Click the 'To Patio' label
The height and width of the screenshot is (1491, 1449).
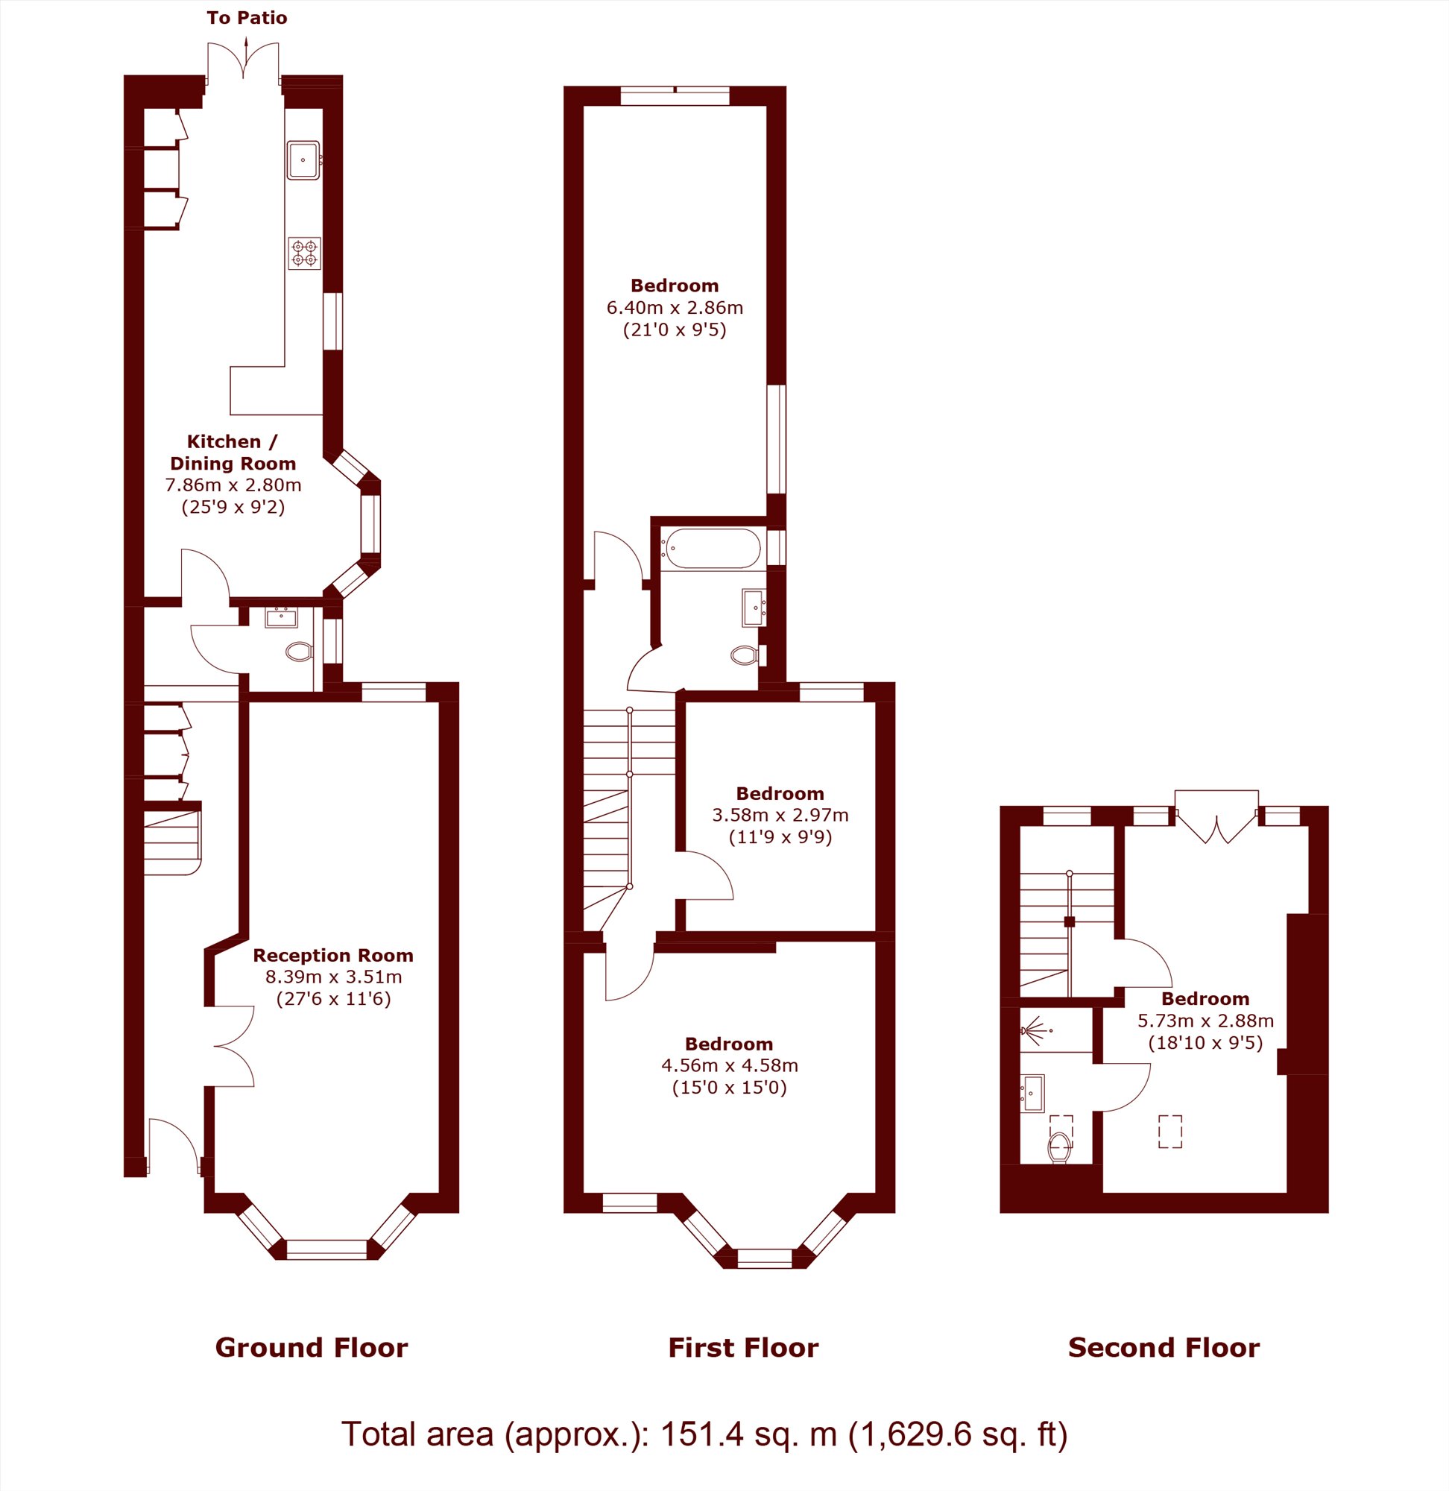(247, 17)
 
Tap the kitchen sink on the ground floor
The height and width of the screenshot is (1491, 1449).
(303, 160)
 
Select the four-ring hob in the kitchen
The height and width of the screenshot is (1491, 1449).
(304, 253)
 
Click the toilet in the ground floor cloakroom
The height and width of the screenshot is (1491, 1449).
(299, 652)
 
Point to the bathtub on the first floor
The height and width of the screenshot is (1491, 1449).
(711, 548)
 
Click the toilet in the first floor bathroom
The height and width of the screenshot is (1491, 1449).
(744, 655)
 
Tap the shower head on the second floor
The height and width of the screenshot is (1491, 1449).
(1035, 1030)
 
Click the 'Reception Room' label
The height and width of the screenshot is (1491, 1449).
(333, 955)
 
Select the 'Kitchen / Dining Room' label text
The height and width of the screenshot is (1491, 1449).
(233, 452)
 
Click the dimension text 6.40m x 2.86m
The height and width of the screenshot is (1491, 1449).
(675, 307)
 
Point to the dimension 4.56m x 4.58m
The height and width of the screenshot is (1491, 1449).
(729, 1065)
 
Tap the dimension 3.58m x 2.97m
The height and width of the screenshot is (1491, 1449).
(780, 815)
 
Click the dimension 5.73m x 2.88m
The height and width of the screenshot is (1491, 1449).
(1205, 1021)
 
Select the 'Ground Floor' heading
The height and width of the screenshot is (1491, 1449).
(312, 1348)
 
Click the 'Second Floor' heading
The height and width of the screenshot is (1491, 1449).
(1164, 1348)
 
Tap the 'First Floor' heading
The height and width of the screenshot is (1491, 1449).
(744, 1348)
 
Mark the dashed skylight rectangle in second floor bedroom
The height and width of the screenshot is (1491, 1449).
(1170, 1131)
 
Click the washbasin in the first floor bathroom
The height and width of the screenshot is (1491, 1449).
(754, 608)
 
